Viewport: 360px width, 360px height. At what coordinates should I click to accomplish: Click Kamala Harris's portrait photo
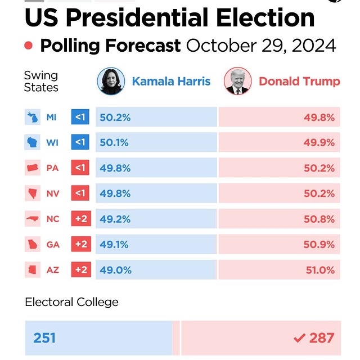pos(111,82)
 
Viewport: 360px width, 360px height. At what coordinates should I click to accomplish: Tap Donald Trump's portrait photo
pos(237,82)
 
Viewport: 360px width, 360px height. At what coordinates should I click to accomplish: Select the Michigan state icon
pos(31,118)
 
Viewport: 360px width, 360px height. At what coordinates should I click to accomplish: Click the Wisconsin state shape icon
pos(31,143)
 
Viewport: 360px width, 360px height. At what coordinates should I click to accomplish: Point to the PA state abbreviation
pos(52,168)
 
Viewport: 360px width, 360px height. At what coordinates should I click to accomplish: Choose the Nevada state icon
pos(31,193)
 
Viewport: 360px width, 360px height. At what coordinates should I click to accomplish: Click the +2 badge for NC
pos(80,219)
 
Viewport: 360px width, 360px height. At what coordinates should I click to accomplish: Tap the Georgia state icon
pos(31,245)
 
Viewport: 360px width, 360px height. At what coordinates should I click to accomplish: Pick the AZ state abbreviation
pos(52,270)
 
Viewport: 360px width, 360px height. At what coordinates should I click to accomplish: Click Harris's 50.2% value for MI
pos(115,118)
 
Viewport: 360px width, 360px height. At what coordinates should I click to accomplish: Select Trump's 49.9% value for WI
pos(319,143)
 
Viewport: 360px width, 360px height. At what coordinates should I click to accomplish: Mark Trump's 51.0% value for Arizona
pos(319,270)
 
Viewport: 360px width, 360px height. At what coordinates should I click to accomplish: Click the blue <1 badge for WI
pos(80,143)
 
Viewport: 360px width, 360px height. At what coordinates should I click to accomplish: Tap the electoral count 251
pos(44,338)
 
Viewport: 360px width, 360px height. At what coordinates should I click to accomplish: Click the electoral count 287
pos(322,338)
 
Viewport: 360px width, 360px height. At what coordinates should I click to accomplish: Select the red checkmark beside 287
pos(299,338)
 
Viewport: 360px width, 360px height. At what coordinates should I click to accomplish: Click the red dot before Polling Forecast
pos(29,46)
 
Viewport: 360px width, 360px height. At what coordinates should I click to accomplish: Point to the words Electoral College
pos(71,302)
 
